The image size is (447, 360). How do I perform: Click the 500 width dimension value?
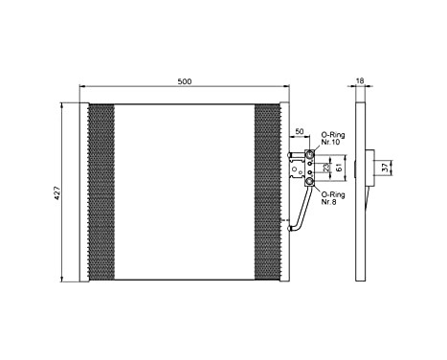(185, 81)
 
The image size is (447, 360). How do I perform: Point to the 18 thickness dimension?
(360, 82)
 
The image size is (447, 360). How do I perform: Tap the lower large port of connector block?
(308, 181)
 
